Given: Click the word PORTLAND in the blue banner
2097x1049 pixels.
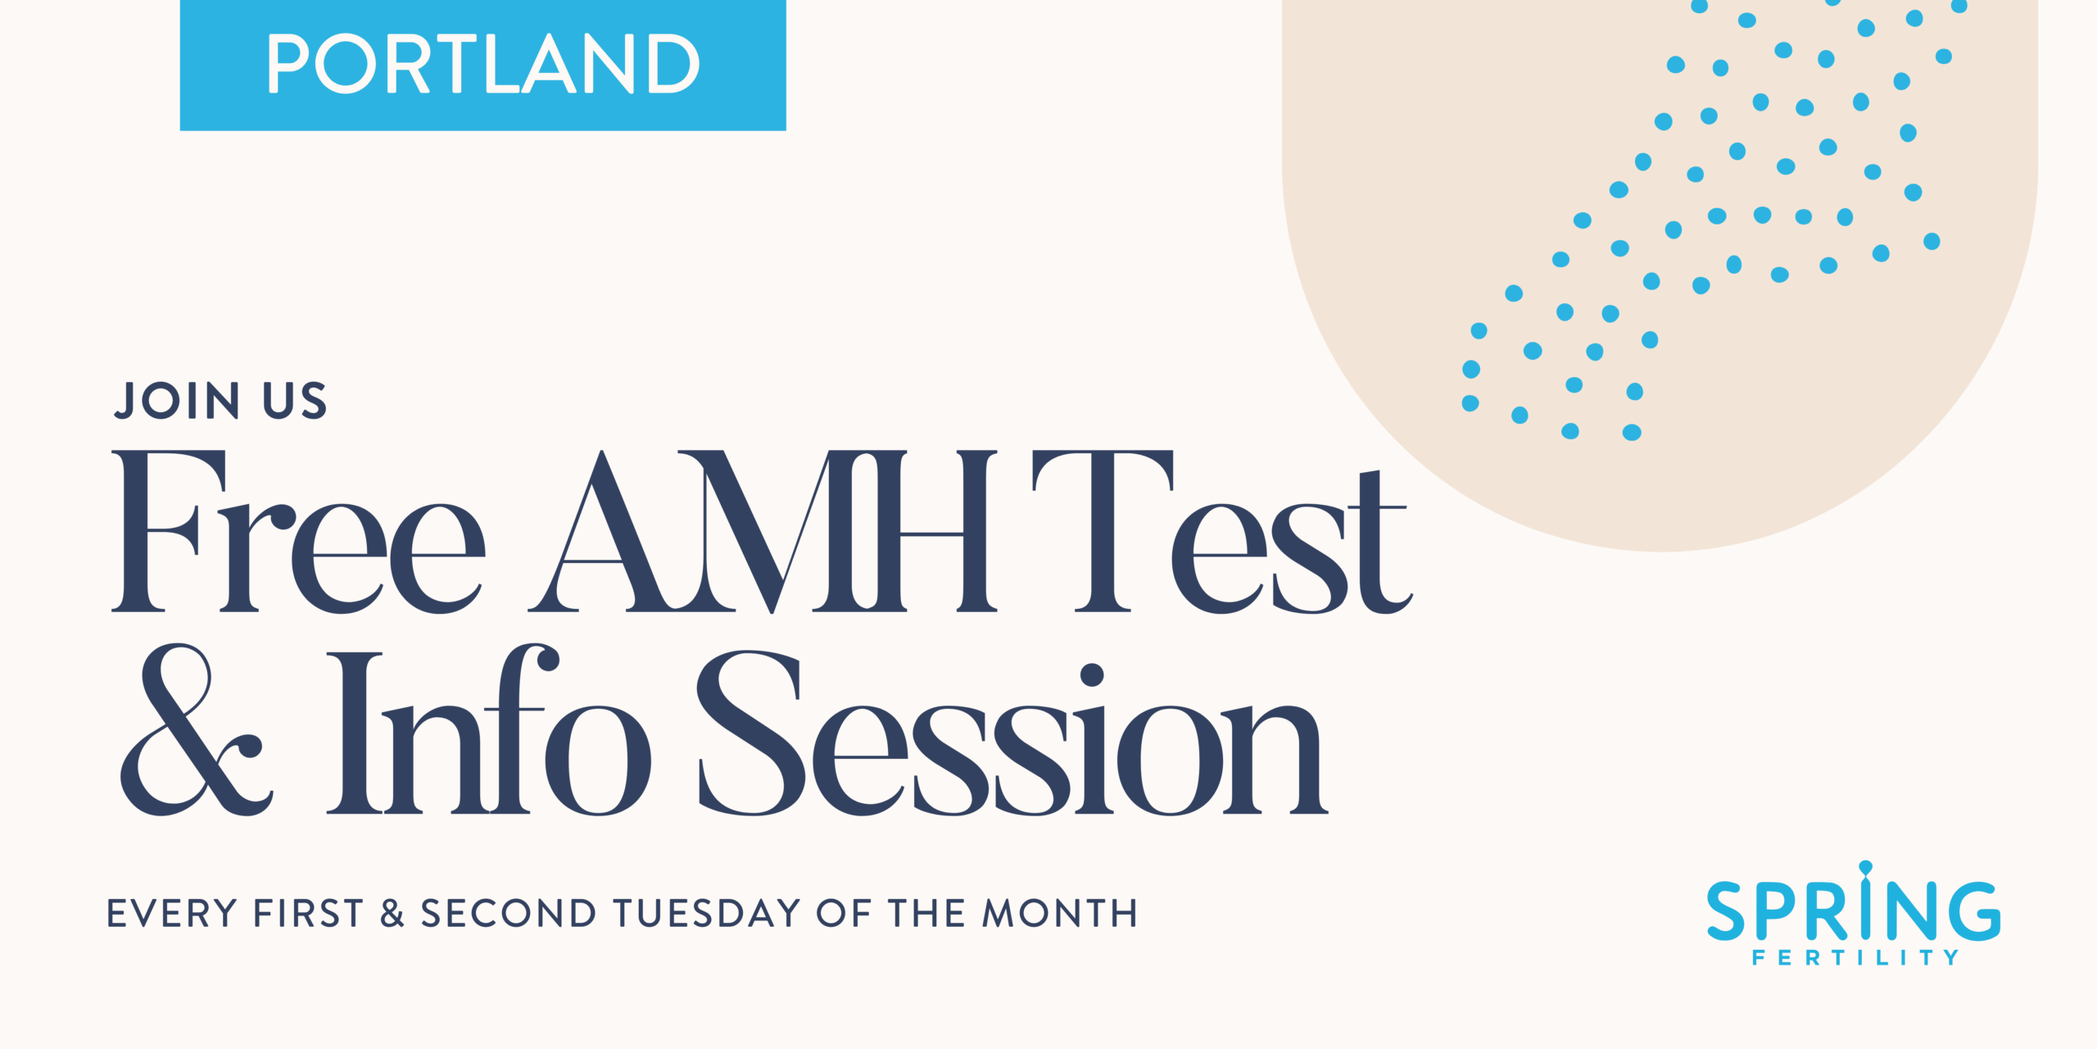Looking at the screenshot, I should click(482, 64).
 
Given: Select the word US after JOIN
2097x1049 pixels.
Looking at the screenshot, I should click(295, 401).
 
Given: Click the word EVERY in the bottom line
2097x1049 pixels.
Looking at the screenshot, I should click(172, 914).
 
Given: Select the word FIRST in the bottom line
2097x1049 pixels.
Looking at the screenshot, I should click(308, 914).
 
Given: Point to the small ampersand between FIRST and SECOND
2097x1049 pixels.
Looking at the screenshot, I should click(392, 914).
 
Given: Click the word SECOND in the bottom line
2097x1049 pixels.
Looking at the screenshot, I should click(509, 914).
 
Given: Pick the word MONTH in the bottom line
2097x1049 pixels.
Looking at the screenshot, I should click(1060, 914).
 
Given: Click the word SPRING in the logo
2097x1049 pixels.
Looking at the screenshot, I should click(1854, 911).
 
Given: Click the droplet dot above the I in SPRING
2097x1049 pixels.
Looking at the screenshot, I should click(1866, 867).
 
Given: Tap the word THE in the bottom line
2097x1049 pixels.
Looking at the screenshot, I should click(927, 914).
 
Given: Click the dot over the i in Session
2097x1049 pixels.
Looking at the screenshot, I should click(1092, 675).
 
